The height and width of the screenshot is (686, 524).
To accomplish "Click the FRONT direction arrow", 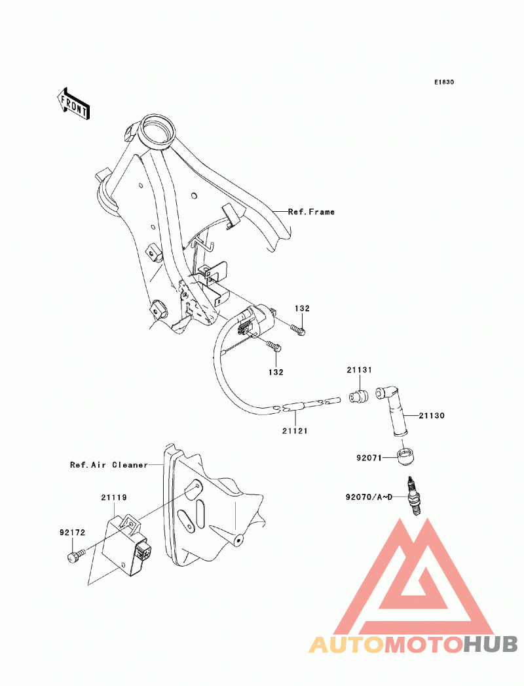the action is [73, 104].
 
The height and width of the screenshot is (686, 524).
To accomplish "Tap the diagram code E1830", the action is [444, 82].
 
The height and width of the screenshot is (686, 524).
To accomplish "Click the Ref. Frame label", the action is [311, 212].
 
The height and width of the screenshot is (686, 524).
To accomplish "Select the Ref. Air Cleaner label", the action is [109, 464].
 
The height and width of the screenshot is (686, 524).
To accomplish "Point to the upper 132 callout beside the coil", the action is [302, 308].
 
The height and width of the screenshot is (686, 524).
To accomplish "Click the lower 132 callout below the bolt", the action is [276, 373].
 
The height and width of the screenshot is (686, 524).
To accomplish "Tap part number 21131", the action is [359, 370].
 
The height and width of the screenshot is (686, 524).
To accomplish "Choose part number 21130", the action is [432, 416].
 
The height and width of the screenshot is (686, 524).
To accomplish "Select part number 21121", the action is [295, 431].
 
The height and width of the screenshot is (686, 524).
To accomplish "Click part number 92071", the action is [369, 458].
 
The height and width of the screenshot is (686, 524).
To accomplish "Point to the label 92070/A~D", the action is [369, 497].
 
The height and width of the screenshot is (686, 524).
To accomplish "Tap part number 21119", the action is [113, 497].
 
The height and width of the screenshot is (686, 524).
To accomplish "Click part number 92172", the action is [72, 533].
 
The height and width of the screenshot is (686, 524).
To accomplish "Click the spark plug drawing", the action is [414, 496].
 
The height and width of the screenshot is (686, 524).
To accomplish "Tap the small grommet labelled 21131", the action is [358, 396].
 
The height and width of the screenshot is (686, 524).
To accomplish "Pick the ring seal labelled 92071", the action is [407, 456].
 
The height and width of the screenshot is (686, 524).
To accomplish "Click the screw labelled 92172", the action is [75, 555].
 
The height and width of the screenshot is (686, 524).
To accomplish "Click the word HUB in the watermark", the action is [491, 644].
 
